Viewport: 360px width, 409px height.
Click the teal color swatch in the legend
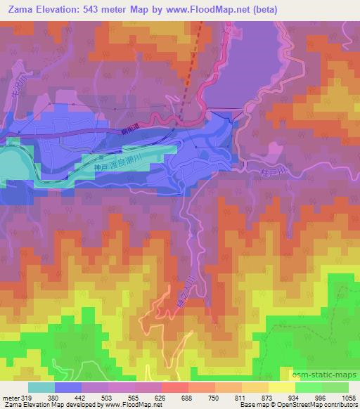41,387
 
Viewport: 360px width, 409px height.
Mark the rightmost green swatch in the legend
335,387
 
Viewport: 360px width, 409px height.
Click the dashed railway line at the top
194,63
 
